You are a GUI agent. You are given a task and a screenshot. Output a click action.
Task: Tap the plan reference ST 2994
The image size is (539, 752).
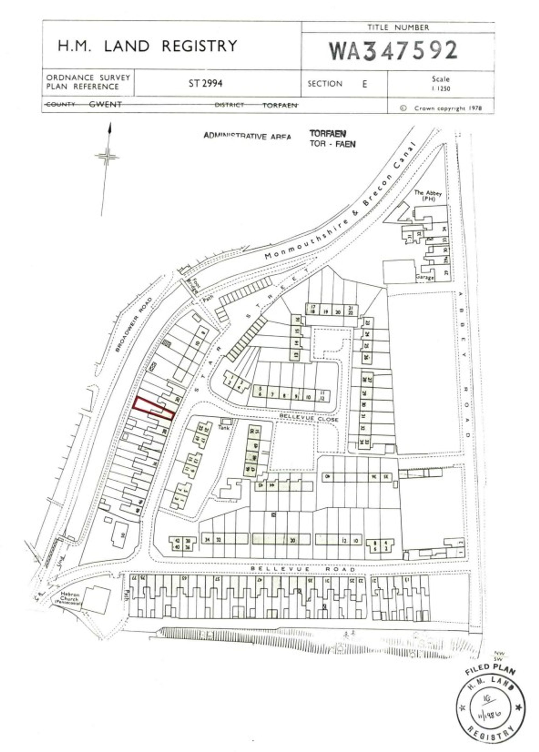coord(205,83)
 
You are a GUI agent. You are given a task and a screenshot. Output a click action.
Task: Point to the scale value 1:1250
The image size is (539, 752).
coord(440,89)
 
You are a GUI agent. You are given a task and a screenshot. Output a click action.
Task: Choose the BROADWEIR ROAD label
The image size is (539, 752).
coord(134,325)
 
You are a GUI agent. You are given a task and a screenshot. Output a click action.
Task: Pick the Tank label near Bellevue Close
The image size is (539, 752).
coord(224,428)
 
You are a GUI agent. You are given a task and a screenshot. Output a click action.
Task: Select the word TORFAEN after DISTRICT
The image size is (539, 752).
coord(280,105)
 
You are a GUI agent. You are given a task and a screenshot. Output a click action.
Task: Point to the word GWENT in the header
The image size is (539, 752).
coord(105,105)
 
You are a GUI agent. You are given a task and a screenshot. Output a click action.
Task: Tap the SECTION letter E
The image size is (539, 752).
coord(365,84)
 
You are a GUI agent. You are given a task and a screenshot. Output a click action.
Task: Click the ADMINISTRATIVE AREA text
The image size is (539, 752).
coord(247,136)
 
